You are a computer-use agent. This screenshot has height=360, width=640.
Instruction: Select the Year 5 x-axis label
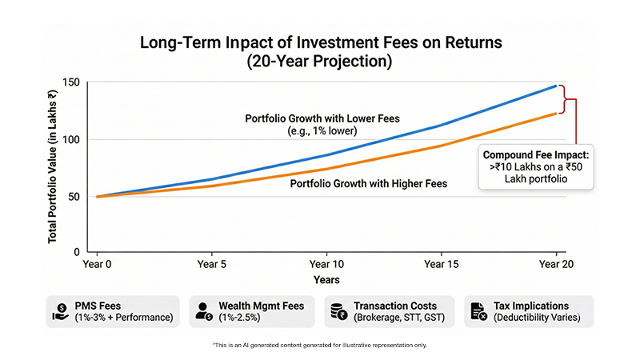(x=211, y=262)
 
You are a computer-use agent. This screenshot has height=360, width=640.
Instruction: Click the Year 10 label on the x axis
(x=326, y=262)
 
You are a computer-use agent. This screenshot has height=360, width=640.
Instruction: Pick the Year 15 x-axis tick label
(x=441, y=262)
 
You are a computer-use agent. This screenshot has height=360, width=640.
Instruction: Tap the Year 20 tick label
(x=556, y=262)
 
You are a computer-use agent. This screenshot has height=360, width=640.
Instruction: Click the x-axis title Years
(x=326, y=280)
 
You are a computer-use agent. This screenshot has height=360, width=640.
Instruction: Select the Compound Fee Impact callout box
(x=534, y=166)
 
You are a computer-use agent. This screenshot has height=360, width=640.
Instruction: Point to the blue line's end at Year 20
(x=556, y=86)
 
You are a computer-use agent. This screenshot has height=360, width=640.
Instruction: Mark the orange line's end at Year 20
(x=556, y=114)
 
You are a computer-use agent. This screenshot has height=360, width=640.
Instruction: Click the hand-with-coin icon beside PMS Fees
(x=60, y=310)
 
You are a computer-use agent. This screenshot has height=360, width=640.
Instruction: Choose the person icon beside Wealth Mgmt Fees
(x=203, y=310)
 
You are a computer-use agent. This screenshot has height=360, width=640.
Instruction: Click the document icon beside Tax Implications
(x=478, y=310)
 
